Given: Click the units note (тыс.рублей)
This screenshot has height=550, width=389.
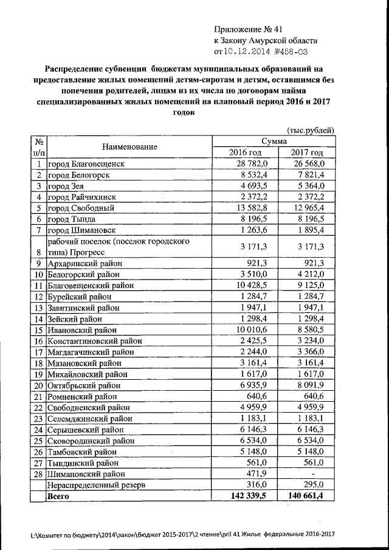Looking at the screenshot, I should [x=310, y=131].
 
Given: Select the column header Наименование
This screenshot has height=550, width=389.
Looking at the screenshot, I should [x=129, y=146].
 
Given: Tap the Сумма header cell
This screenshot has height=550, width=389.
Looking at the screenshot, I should [x=274, y=141].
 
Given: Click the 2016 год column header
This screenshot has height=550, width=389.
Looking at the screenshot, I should [x=244, y=153].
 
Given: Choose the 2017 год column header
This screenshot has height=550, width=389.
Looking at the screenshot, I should [x=307, y=153].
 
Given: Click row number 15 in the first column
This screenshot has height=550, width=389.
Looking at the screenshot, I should [x=38, y=329].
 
